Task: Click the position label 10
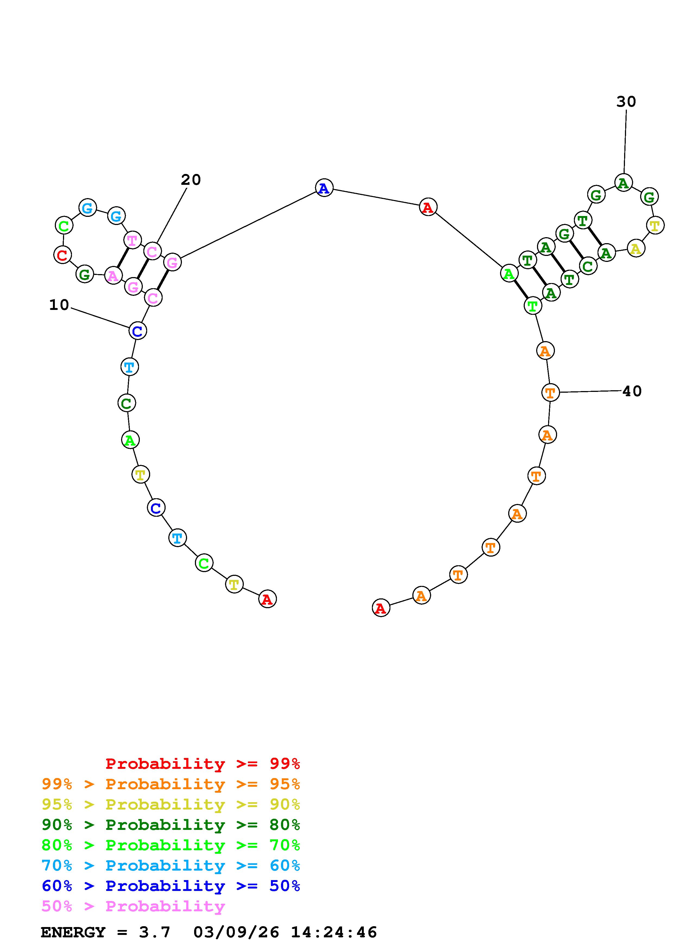59,305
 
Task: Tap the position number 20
191,180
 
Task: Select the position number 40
632,391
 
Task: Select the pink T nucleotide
132,240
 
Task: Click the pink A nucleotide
113,275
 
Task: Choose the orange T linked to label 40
550,392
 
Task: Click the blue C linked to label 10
137,331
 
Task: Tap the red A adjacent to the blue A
428,207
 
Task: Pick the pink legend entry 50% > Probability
133,906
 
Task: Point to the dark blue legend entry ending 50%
171,886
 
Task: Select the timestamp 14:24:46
334,932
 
